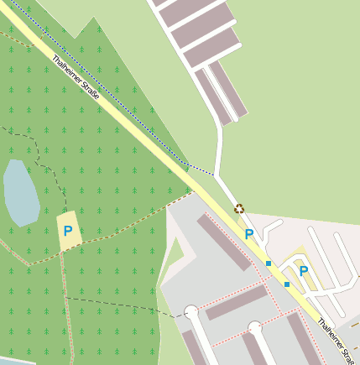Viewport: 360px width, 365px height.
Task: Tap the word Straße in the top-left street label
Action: (89, 91)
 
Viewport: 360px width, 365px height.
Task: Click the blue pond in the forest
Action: (20, 192)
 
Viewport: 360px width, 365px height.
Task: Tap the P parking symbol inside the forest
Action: (68, 230)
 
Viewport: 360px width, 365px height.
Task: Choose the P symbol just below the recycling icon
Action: (248, 234)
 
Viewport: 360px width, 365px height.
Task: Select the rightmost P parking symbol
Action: (304, 271)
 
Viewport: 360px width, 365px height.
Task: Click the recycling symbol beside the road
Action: (239, 209)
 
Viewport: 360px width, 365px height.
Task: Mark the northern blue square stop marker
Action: (269, 263)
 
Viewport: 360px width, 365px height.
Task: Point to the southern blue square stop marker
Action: (287, 285)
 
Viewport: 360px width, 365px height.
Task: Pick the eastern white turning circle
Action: (254, 326)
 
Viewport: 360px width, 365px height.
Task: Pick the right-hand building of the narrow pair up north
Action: (228, 88)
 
